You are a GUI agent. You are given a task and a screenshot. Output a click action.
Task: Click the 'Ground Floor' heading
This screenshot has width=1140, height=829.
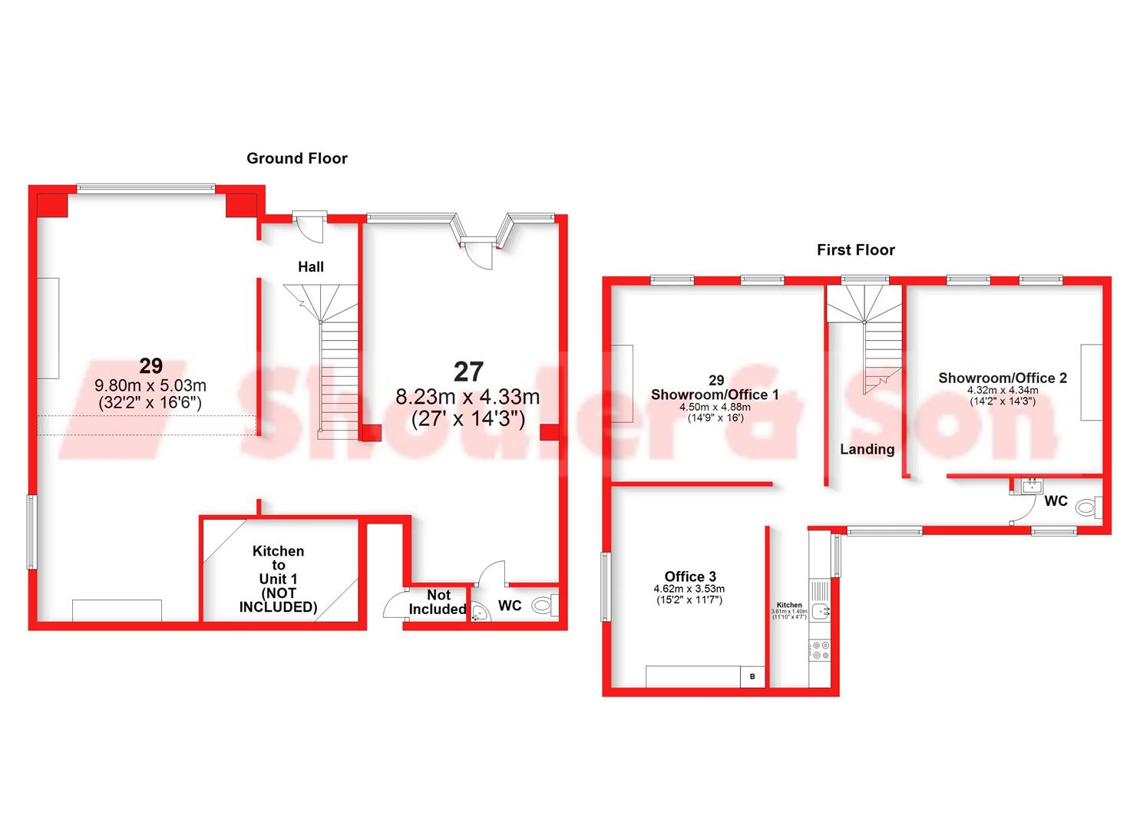[x=296, y=158]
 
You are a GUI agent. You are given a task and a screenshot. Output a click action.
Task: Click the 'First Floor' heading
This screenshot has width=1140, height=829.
[x=855, y=249]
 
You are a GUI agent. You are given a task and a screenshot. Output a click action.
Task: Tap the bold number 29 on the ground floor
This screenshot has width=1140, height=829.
[x=150, y=365]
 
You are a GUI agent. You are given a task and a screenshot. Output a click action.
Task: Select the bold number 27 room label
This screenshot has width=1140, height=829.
[x=468, y=372]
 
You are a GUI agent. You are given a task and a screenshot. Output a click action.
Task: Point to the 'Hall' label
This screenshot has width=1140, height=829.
[x=311, y=266]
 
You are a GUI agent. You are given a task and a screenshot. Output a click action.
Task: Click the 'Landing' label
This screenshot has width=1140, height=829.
[x=867, y=449]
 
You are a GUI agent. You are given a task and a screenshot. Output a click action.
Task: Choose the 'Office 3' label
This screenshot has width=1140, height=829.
[x=690, y=576]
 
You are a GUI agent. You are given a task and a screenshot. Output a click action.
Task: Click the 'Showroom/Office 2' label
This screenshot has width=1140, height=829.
[x=1002, y=378]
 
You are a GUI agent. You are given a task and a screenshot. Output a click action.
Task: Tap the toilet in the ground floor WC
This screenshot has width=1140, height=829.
[x=544, y=605]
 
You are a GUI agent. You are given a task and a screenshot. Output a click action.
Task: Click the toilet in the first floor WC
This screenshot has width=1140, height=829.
[x=1088, y=507]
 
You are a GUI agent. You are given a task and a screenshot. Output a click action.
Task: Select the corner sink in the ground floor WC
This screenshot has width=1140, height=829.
[x=479, y=613]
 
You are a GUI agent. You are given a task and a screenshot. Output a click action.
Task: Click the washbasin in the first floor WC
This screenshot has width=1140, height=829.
[x=1031, y=484]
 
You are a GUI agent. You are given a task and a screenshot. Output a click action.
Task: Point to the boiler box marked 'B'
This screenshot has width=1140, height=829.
[x=752, y=676]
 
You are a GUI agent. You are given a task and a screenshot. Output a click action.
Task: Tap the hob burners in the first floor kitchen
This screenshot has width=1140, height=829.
[x=820, y=650]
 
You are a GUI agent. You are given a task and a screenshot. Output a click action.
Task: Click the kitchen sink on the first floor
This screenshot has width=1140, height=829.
[x=820, y=611]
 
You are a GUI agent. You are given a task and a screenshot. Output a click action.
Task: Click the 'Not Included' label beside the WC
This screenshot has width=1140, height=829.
[x=438, y=602]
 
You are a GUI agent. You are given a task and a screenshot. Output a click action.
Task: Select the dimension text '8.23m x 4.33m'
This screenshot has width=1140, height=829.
[x=468, y=397]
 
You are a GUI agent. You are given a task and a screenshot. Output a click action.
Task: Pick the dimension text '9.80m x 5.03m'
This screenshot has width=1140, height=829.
[x=150, y=385]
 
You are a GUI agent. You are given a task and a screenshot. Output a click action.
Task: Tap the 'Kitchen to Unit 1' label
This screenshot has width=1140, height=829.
[x=278, y=579]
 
